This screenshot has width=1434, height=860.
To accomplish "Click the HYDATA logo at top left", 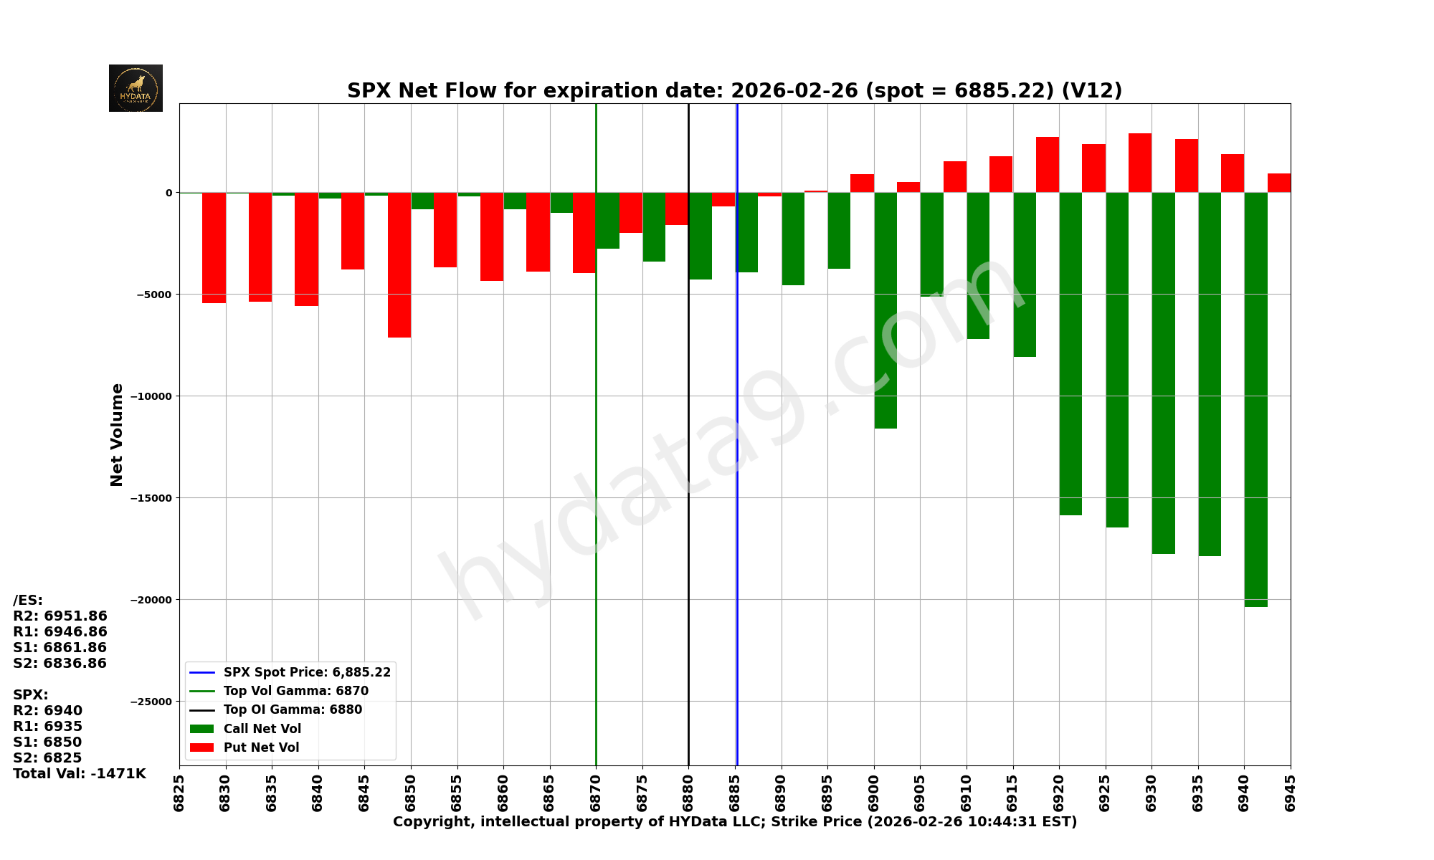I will [x=136, y=88].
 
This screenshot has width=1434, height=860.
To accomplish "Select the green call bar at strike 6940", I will [x=1255, y=399].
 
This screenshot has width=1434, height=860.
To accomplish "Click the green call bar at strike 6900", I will [x=885, y=310].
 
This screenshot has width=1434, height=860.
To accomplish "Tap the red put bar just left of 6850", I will [x=399, y=264].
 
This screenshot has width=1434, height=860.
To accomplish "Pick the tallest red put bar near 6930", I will [x=1140, y=163].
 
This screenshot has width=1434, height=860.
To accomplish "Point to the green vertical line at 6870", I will [x=596, y=430].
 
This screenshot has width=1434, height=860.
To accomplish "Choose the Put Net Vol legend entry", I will [x=261, y=747].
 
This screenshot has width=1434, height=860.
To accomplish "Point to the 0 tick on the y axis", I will [x=169, y=193].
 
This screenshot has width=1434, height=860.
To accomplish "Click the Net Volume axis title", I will [x=117, y=434].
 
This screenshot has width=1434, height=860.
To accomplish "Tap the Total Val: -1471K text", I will [x=79, y=774].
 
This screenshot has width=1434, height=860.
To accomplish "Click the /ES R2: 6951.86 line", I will [x=60, y=616].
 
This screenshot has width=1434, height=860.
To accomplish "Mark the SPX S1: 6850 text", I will [x=47, y=742].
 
